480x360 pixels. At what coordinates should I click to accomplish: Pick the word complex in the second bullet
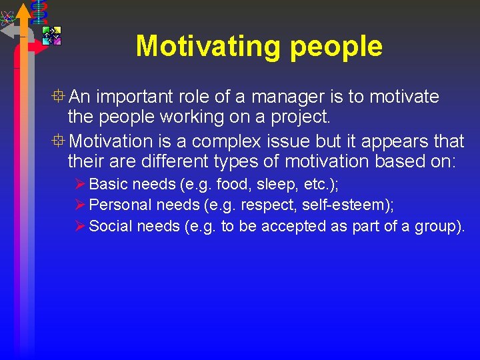click(x=221, y=142)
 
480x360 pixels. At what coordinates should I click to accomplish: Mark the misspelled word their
click(x=85, y=161)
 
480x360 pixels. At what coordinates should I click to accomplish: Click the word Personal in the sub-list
click(x=119, y=205)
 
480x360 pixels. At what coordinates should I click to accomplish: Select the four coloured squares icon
click(x=51, y=35)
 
